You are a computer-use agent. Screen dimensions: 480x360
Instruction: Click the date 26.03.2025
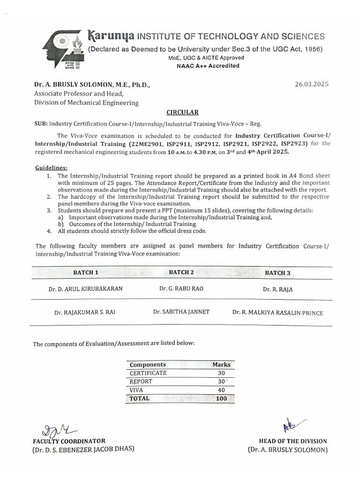312,84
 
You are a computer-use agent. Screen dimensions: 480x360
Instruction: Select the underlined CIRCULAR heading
183,112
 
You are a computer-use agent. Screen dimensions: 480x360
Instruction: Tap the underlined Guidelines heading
52,167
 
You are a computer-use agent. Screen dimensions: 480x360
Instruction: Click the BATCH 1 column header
86,272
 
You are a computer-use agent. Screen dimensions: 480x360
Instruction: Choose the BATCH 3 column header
277,273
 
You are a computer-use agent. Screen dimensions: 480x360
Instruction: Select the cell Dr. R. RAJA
277,289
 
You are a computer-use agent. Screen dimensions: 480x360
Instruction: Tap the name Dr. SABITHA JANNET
181,312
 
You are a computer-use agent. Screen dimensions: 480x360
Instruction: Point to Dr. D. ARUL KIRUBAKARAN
86,289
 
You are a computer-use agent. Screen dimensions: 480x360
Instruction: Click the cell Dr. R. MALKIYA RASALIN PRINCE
277,313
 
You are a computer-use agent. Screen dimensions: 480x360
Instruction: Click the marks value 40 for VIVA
221,390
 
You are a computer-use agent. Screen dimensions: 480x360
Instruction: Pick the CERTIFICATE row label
148,373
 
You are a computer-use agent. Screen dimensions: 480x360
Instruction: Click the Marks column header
221,364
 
